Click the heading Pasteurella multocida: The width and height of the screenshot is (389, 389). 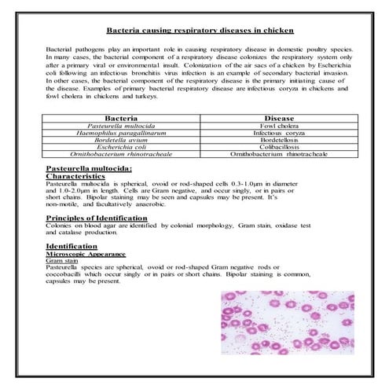(89, 167)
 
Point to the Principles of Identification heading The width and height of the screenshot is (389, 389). (96, 217)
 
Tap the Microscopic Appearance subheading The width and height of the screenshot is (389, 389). (86, 254)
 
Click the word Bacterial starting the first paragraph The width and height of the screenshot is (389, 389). (63, 50)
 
